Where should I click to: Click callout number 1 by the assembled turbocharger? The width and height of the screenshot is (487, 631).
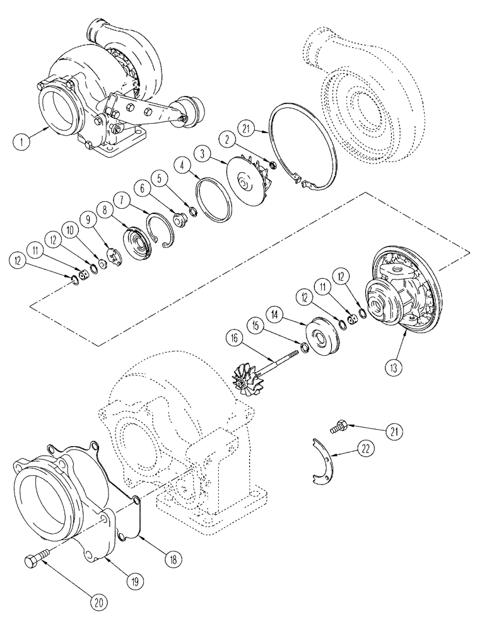click(x=21, y=143)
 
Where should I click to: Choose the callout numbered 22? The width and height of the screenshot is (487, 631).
click(x=367, y=451)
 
